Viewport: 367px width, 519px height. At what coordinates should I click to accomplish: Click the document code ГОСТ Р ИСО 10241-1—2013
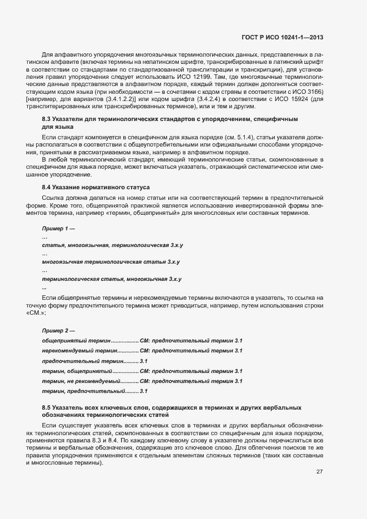coord(283,37)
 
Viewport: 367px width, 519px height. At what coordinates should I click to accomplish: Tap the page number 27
coord(319,472)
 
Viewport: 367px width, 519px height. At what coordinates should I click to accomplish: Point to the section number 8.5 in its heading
coord(47,408)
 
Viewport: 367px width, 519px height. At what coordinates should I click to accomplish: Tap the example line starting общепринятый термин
coord(142,340)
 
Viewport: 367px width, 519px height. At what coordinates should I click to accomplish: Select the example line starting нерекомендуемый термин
coord(142,351)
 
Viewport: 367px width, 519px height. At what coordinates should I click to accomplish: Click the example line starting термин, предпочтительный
coord(94,391)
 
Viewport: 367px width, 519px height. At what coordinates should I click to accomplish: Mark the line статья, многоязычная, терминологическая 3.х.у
coord(113,245)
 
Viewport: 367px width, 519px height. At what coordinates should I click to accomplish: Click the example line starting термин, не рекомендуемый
coord(142,381)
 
